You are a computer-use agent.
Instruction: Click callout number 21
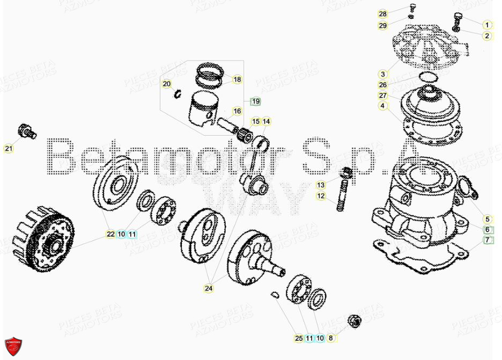8,149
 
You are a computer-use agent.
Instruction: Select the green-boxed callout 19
255,101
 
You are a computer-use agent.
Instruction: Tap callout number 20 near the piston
167,84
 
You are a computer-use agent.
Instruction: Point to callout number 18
237,80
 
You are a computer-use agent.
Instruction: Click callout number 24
209,289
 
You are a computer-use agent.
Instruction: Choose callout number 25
299,338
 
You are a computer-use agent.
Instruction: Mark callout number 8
330,338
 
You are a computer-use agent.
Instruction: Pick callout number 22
110,234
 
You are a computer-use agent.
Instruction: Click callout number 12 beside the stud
321,196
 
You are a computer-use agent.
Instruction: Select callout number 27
382,95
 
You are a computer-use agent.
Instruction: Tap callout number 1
487,25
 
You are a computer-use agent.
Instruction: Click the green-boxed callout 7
488,240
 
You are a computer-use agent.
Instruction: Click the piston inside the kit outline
202,110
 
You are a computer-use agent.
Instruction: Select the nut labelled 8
354,321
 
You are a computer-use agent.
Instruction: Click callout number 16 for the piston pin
237,112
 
